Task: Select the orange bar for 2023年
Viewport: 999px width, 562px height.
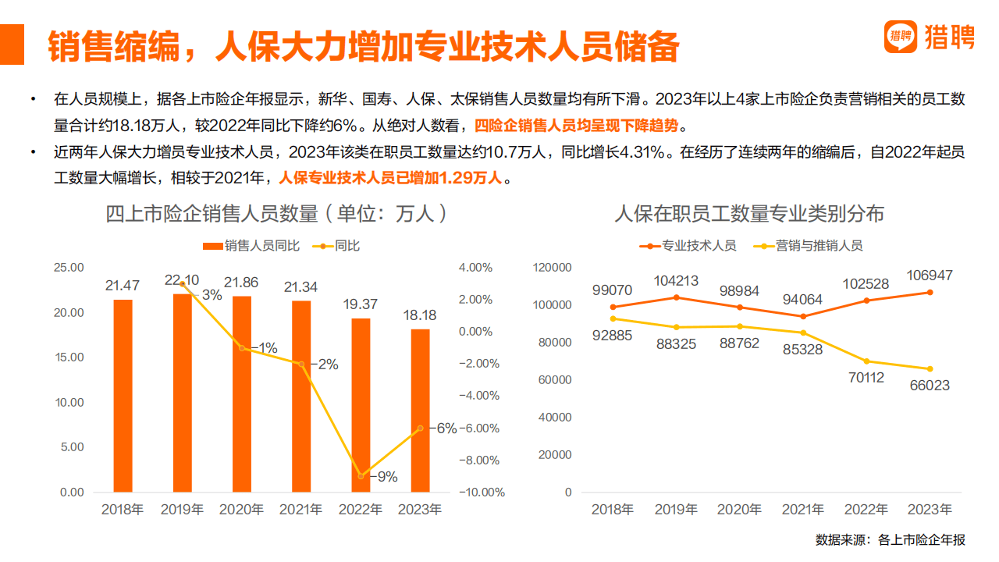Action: [419, 411]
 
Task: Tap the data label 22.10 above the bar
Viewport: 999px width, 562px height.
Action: [181, 280]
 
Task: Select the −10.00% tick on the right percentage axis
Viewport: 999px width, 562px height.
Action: [481, 493]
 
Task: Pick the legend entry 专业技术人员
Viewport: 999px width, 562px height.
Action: [689, 246]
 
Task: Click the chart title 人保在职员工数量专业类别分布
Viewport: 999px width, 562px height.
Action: [749, 213]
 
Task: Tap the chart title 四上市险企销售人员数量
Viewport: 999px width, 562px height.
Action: [277, 213]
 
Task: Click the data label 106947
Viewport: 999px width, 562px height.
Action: [930, 276]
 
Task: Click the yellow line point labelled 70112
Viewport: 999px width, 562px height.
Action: [866, 361]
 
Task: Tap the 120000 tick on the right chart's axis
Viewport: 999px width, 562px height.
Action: [553, 268]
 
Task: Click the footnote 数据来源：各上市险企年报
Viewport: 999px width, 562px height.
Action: [890, 539]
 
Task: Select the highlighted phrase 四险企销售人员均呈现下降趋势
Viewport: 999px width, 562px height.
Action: [581, 125]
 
